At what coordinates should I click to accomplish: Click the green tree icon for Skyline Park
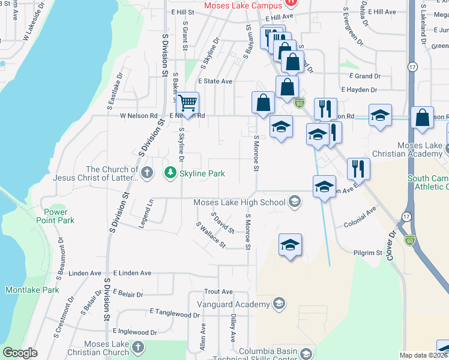click(x=171, y=173)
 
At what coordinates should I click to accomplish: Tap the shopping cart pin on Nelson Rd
click(x=187, y=104)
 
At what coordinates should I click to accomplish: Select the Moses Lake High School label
click(x=239, y=202)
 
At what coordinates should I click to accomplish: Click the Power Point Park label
click(x=59, y=216)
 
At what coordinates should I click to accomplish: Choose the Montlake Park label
click(x=32, y=290)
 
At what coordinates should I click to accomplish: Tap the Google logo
click(x=20, y=353)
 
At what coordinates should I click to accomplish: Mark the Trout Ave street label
click(x=218, y=292)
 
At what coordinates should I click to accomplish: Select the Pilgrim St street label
click(x=367, y=253)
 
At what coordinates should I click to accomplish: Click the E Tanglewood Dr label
click(x=175, y=313)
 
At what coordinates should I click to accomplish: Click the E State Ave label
click(x=215, y=81)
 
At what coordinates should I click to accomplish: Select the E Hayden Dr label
click(x=358, y=90)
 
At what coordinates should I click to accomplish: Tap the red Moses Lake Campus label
click(x=243, y=5)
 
